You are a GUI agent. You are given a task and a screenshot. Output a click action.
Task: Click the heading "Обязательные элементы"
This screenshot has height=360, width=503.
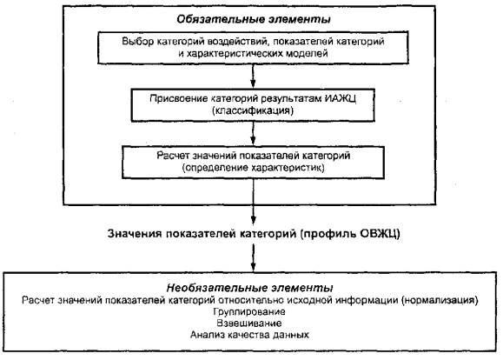click(254, 19)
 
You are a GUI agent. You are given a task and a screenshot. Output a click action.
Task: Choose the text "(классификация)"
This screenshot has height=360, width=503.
click(253, 110)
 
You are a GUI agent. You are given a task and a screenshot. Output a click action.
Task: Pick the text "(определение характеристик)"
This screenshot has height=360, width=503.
click(253, 168)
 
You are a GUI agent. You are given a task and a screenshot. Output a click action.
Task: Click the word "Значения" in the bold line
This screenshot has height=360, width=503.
click(135, 233)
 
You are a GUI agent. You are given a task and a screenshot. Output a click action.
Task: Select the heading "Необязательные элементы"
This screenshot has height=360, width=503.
click(249, 288)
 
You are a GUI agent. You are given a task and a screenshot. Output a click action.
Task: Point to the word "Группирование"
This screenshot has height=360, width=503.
click(249, 312)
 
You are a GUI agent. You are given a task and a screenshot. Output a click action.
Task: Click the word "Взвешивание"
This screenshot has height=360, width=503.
click(249, 323)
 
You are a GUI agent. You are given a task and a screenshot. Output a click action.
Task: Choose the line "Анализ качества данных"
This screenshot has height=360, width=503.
click(249, 335)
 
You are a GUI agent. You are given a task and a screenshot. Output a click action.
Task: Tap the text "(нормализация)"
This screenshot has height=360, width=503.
click(440, 300)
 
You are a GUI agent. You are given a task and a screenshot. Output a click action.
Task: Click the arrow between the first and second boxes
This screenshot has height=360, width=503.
click(253, 76)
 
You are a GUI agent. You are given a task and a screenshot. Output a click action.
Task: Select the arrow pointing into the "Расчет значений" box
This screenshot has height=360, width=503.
click(253, 133)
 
